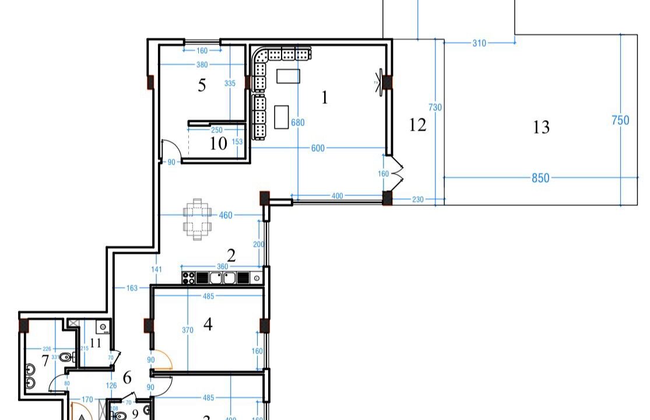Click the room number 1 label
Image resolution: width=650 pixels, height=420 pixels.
(x=325, y=97)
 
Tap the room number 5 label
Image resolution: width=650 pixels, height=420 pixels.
(x=202, y=86)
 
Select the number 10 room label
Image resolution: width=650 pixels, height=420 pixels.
(x=218, y=143)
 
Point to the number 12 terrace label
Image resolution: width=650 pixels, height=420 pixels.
(x=417, y=125)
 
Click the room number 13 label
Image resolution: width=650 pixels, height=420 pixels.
(x=541, y=127)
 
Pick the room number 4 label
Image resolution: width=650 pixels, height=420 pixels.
(x=208, y=324)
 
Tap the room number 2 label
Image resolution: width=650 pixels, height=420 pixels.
(x=231, y=256)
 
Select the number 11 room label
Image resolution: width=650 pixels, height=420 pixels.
(x=95, y=343)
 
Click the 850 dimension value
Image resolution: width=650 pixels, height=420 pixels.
(x=540, y=178)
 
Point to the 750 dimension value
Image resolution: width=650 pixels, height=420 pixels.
(x=620, y=120)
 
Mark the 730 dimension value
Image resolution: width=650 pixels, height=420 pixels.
(x=435, y=107)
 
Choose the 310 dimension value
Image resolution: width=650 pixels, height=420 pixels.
(x=479, y=43)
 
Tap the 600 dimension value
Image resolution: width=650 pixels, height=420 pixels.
(x=318, y=148)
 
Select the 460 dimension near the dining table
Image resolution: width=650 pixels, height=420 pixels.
(x=225, y=215)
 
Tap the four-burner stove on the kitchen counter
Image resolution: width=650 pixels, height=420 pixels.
(x=188, y=278)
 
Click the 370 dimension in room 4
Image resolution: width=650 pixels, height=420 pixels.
(x=187, y=330)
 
